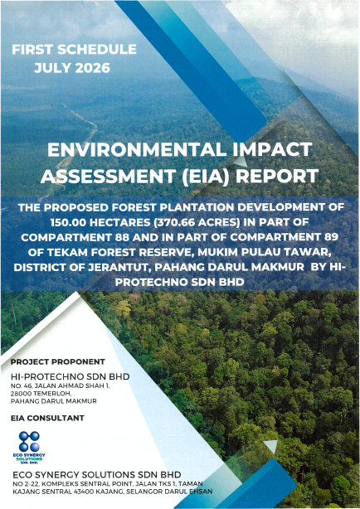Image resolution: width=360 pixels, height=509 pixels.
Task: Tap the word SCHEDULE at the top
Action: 97,50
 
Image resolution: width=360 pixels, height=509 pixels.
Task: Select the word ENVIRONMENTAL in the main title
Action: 137,149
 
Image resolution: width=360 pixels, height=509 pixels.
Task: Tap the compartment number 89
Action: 331,237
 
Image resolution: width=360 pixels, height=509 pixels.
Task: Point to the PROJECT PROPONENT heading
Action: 58,361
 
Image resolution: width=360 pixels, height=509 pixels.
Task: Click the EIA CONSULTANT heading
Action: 47,418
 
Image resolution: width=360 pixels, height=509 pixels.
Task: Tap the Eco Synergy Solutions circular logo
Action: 29,442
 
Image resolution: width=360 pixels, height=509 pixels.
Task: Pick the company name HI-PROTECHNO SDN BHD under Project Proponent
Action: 71,376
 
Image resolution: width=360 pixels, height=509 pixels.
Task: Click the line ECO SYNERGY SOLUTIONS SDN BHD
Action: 97,475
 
